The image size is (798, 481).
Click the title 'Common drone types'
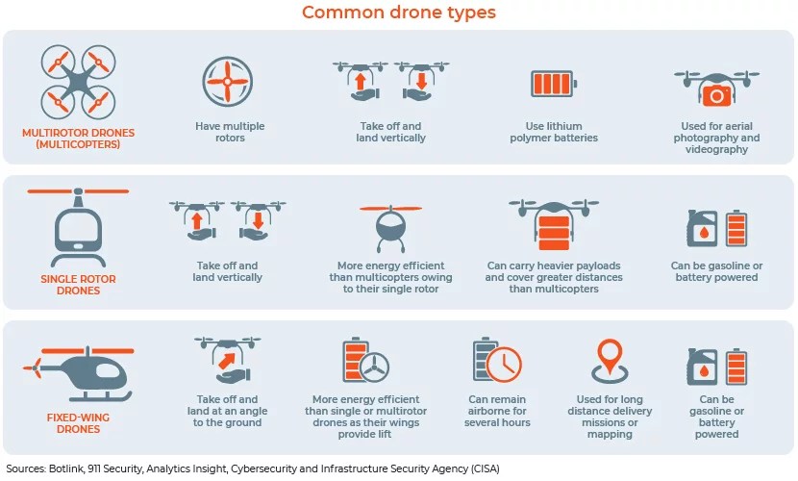coord(399,13)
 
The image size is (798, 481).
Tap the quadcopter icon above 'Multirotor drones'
coord(77,77)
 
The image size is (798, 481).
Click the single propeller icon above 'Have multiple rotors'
coord(229,83)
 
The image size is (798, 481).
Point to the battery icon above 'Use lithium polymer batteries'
coord(554,84)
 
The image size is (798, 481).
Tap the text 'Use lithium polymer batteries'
coord(555,132)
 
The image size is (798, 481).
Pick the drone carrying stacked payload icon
coord(553,226)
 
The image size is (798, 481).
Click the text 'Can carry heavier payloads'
coord(554,266)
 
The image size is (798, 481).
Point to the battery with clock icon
coord(498,361)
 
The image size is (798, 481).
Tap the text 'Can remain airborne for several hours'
coord(499,411)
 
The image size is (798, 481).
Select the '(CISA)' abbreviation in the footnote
coord(482,468)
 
